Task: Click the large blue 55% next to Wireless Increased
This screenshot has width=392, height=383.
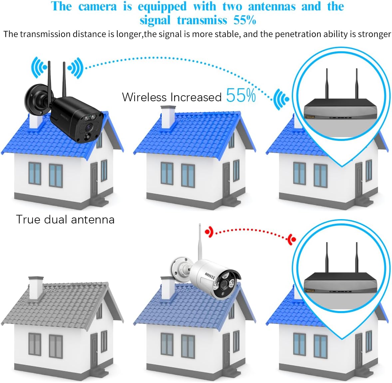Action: point(241,96)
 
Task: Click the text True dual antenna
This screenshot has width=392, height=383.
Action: point(65,219)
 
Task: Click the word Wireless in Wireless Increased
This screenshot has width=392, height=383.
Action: point(144,97)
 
